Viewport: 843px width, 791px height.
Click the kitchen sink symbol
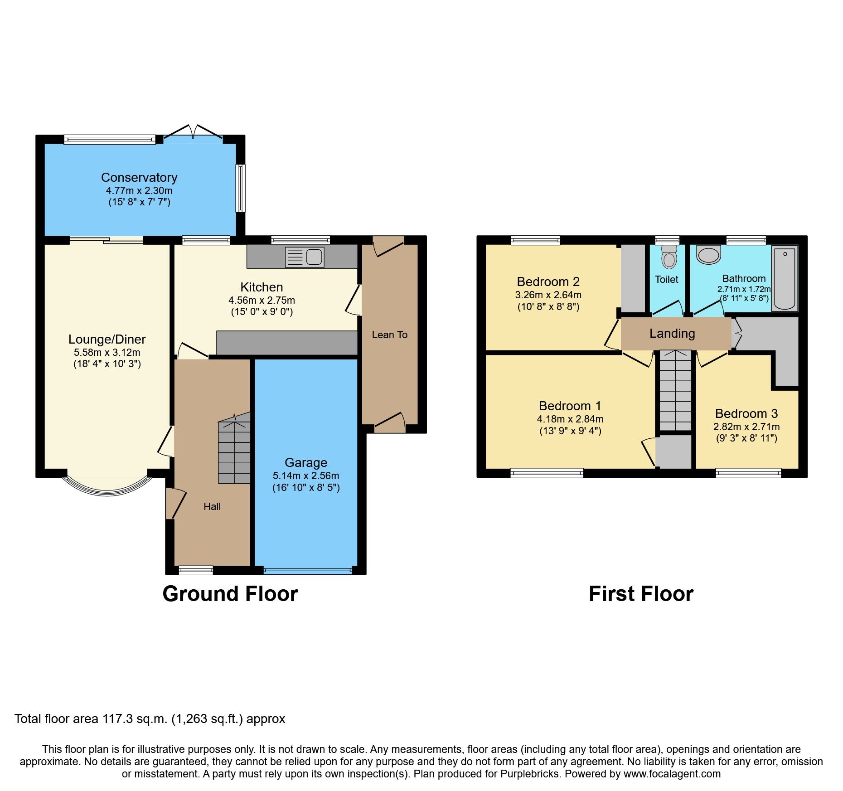tap(305, 257)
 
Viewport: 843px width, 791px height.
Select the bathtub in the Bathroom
tap(785, 279)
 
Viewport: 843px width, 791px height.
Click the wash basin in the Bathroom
tap(708, 255)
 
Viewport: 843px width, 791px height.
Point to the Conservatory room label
tap(139, 177)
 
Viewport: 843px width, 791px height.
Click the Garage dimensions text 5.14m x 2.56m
tap(306, 476)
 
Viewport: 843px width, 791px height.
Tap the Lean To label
tap(389, 335)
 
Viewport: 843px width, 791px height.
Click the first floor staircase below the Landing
tap(675, 391)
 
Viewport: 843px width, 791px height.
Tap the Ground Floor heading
tap(230, 594)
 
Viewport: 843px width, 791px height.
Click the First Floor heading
tap(641, 594)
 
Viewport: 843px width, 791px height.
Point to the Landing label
tap(672, 333)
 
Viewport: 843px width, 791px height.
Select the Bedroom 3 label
tap(746, 413)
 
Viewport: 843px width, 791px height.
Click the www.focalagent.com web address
tap(672, 774)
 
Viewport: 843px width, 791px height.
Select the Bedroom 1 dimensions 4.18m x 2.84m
tap(570, 419)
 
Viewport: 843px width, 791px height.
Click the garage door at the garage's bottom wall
tap(308, 571)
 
